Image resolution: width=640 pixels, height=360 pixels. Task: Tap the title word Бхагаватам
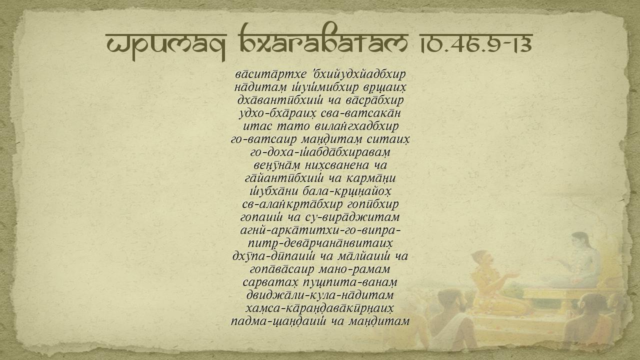(324, 38)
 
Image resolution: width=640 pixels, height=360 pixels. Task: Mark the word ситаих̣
(388, 139)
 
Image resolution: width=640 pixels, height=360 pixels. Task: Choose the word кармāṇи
(371, 178)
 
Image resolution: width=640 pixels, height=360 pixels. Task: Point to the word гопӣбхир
(373, 204)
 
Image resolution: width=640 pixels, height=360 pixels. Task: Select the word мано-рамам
(354, 269)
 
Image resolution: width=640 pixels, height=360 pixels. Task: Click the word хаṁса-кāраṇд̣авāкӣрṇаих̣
(320, 308)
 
